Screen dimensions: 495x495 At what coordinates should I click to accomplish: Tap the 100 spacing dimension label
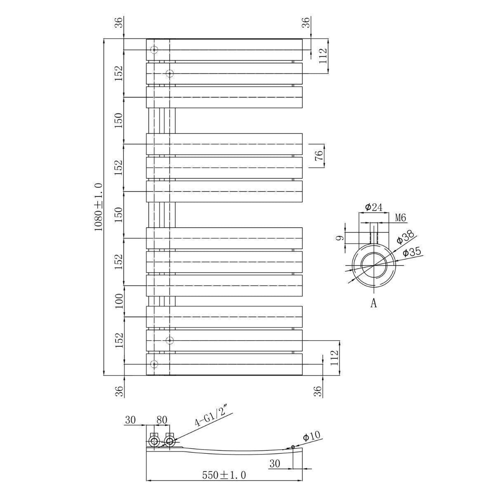click(x=119, y=301)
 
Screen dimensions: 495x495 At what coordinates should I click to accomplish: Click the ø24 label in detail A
click(x=373, y=207)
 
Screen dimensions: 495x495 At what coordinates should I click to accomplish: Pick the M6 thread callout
click(x=401, y=218)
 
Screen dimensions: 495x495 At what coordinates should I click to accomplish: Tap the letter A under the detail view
click(x=374, y=304)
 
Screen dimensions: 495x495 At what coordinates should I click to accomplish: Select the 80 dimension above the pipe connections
click(x=162, y=420)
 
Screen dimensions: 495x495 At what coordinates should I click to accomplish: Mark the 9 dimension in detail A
click(x=339, y=238)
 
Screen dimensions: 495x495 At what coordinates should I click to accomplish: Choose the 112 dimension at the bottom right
click(x=334, y=358)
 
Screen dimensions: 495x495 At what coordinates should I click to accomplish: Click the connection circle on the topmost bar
click(x=154, y=50)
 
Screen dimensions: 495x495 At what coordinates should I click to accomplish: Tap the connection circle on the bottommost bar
click(x=154, y=364)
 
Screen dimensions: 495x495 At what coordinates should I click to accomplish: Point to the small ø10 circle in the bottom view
click(x=293, y=447)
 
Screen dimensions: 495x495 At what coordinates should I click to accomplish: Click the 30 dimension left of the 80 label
click(x=130, y=420)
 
